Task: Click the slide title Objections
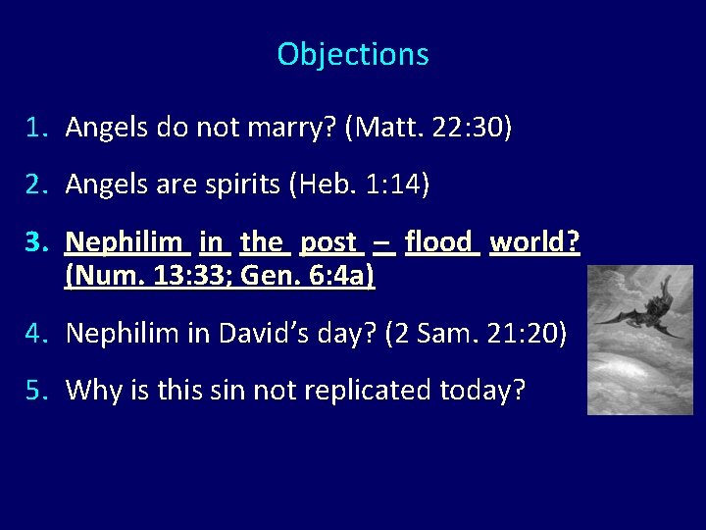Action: pos(353,54)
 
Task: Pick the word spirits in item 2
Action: pos(236,185)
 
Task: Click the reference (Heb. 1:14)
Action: pos(359,185)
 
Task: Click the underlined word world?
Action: pos(535,241)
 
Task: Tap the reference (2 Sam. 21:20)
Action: pos(476,335)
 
